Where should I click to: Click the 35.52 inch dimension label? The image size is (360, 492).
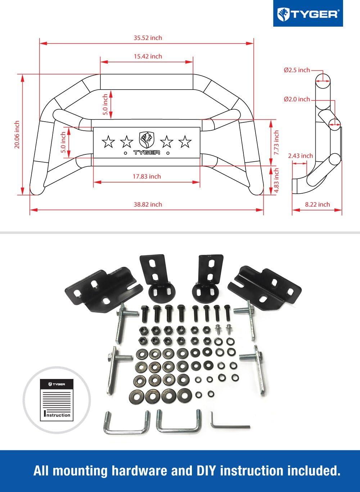[148, 38]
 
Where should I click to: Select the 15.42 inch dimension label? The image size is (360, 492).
[148, 57]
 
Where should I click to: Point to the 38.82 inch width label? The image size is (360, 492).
[148, 204]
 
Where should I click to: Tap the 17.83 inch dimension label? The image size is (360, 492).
[147, 176]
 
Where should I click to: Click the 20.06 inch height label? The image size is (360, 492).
[17, 137]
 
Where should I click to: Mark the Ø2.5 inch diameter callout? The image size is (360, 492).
[297, 70]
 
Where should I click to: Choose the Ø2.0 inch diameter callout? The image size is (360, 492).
[297, 99]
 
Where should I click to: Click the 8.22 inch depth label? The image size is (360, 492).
[317, 204]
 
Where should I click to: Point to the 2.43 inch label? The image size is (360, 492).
[300, 156]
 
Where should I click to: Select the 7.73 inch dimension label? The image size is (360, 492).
[276, 143]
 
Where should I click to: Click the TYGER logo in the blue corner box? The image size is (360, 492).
[307, 14]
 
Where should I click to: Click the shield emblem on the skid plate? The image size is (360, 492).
[147, 140]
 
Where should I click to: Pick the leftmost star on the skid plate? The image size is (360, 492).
[108, 141]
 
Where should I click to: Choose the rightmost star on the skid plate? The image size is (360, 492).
[185, 141]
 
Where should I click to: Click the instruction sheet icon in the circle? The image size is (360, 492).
[56, 399]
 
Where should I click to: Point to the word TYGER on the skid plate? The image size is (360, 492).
[147, 153]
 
